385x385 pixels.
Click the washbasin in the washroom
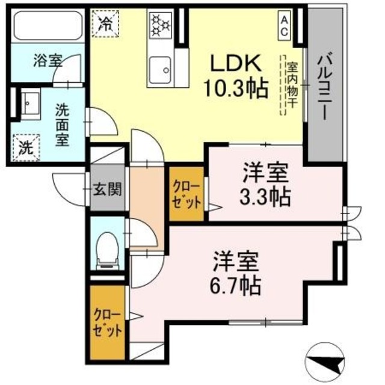(x=29, y=102)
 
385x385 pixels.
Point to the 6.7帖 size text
(x=236, y=285)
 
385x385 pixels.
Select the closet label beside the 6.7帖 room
(x=108, y=322)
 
